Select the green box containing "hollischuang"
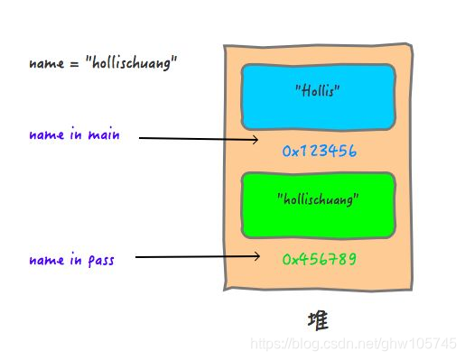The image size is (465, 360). pyautogui.click(x=318, y=204)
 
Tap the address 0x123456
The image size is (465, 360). pyautogui.click(x=319, y=152)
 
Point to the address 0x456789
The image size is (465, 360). pyautogui.click(x=319, y=259)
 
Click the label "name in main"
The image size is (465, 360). pyautogui.click(x=74, y=136)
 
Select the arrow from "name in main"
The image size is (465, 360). pyautogui.click(x=199, y=139)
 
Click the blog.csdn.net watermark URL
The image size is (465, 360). pyautogui.click(x=353, y=346)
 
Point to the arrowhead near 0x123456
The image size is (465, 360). pyautogui.click(x=256, y=140)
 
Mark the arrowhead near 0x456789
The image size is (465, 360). pyautogui.click(x=256, y=258)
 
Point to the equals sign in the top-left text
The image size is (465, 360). pyautogui.click(x=70, y=65)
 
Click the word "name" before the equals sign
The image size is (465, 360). pyautogui.click(x=45, y=65)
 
